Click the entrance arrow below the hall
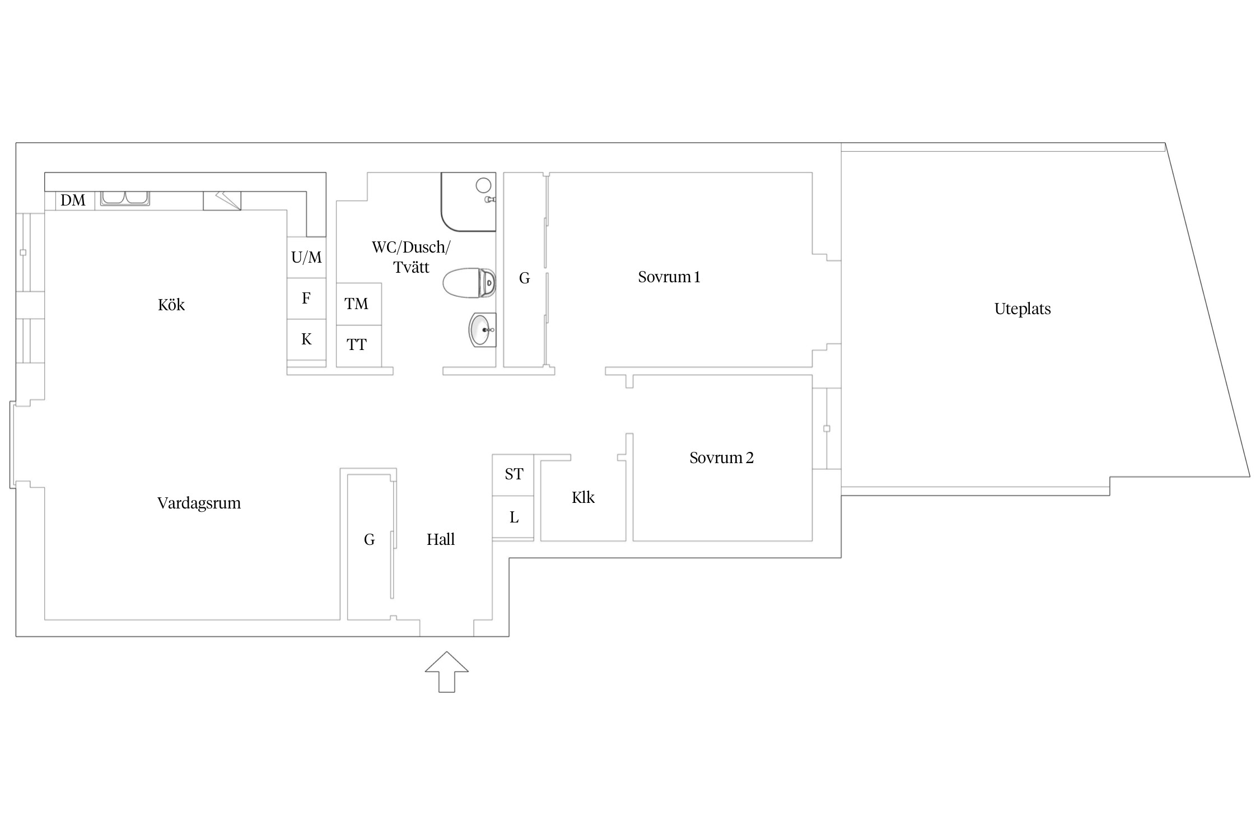pyautogui.click(x=446, y=671)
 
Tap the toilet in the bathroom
pyautogui.click(x=469, y=283)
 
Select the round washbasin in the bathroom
pyautogui.click(x=482, y=330)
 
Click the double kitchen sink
pyautogui.click(x=125, y=198)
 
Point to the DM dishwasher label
pyautogui.click(x=73, y=200)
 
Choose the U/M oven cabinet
pyautogui.click(x=306, y=257)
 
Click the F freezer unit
pyautogui.click(x=306, y=298)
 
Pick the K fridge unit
pyautogui.click(x=306, y=339)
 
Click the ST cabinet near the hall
pyautogui.click(x=513, y=475)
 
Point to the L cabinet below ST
pyautogui.click(x=513, y=517)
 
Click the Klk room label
pyautogui.click(x=583, y=497)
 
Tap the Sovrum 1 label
pyautogui.click(x=669, y=277)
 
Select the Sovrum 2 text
pyautogui.click(x=721, y=458)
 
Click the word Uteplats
pyautogui.click(x=1023, y=309)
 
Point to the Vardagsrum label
pyautogui.click(x=199, y=503)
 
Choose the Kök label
pyautogui.click(x=171, y=305)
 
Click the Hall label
pyautogui.click(x=441, y=539)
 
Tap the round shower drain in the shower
pyautogui.click(x=483, y=185)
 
